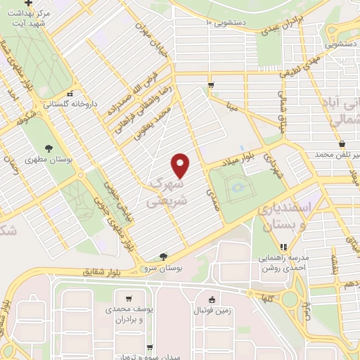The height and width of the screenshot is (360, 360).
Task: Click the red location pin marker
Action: (181, 166)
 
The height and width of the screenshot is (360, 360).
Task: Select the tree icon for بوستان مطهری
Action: (49, 148)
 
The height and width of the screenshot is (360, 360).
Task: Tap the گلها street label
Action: (265, 298)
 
